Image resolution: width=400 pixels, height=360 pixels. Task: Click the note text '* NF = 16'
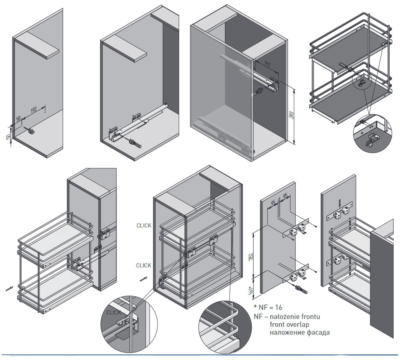268,307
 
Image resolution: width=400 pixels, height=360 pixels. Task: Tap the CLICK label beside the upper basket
144,226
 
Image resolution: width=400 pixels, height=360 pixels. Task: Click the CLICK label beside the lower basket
144,266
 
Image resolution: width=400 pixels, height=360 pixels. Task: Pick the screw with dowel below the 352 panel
300,288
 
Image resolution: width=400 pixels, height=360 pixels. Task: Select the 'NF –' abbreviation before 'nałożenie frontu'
260,316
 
